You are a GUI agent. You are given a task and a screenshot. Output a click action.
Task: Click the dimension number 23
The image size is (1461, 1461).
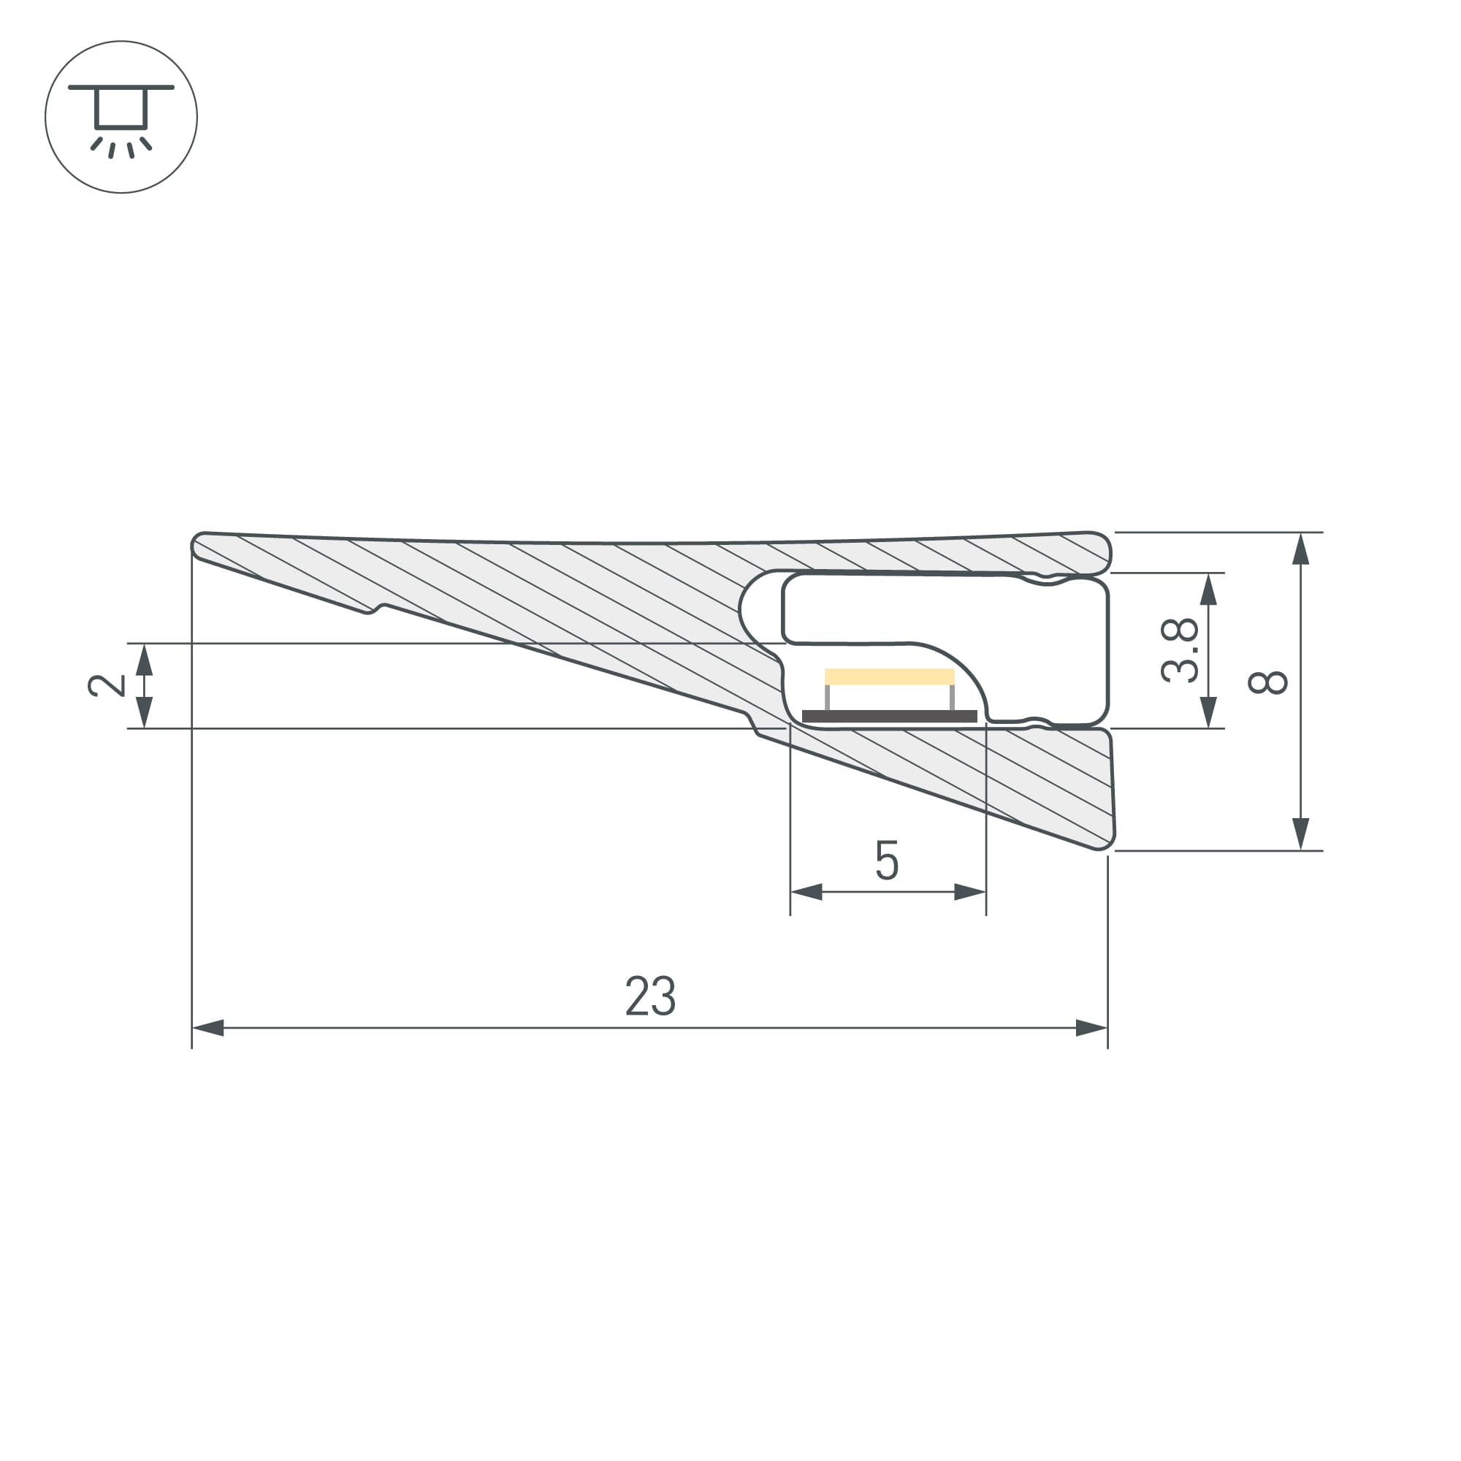point(650,996)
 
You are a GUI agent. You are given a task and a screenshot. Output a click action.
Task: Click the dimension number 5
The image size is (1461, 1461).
point(886,861)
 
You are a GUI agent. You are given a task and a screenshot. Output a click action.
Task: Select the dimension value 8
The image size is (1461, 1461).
point(1267,682)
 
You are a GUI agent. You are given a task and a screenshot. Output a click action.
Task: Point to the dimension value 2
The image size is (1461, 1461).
point(107,685)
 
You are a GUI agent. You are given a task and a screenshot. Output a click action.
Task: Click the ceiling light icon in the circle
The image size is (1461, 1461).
point(121,117)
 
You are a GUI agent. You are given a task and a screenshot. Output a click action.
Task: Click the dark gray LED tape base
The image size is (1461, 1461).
point(889,716)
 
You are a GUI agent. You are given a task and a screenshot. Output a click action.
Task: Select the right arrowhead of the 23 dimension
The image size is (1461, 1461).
point(1091,1028)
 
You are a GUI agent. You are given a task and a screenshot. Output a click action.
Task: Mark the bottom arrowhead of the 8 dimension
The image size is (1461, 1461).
point(1301,834)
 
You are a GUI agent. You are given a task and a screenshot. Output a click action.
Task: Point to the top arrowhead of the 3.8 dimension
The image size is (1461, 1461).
point(1208,589)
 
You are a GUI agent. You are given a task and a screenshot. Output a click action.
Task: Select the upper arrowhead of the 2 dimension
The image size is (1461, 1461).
point(144,660)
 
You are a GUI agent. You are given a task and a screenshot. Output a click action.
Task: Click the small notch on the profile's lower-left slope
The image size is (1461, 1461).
point(373,609)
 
